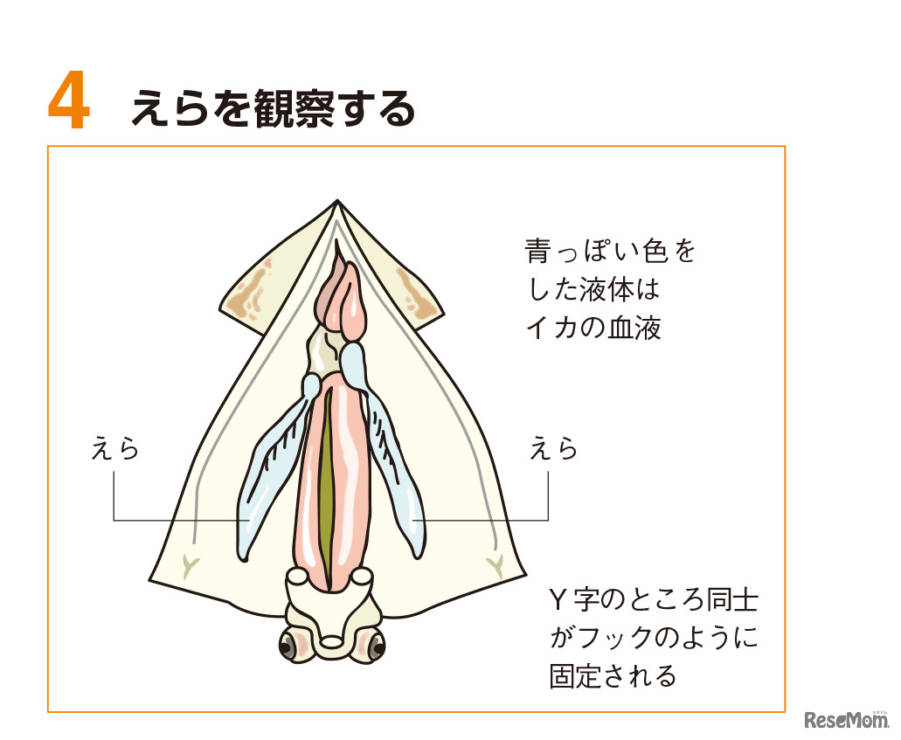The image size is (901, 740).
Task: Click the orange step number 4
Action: tap(68, 100)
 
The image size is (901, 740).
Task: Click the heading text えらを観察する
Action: tap(273, 107)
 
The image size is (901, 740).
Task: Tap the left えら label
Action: tap(115, 448)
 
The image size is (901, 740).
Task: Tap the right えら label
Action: tap(553, 448)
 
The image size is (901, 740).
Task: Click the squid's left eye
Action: tap(289, 647)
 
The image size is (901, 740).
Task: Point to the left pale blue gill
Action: tap(274, 466)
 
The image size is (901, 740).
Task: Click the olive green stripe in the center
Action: tap(326, 488)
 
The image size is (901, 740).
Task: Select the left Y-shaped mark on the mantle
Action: tap(187, 566)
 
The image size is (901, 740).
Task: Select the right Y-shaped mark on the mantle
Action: tap(495, 566)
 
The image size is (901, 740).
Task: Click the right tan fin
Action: tap(416, 293)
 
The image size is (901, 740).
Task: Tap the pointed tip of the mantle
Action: tap(337, 201)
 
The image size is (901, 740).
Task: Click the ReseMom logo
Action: tap(845, 719)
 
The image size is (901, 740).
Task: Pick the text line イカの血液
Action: tap(593, 328)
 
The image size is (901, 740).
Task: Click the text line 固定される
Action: tap(613, 676)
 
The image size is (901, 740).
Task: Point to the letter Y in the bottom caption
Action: tap(557, 601)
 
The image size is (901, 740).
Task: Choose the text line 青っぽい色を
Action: tap(610, 252)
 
